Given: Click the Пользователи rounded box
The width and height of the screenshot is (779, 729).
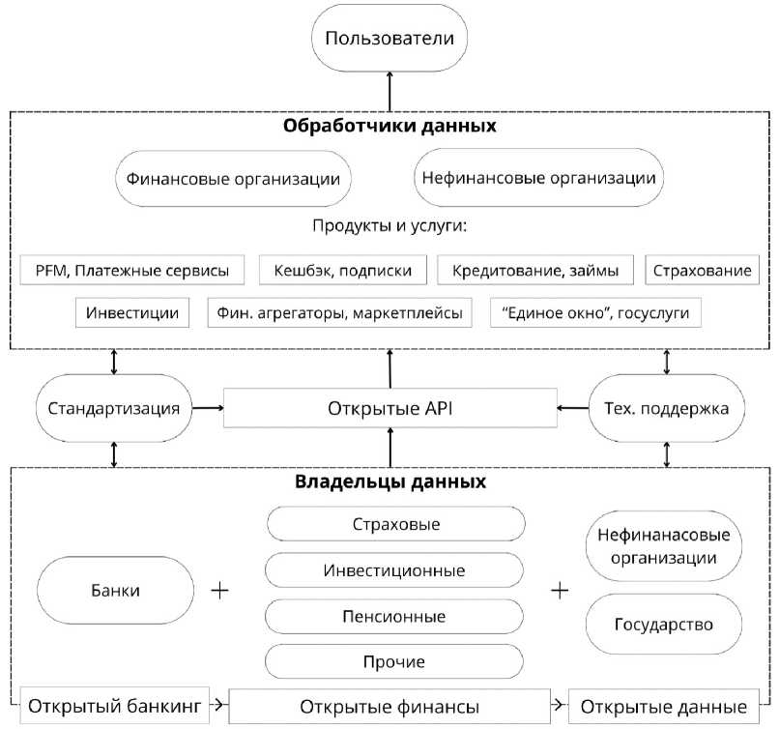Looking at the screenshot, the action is (389, 38).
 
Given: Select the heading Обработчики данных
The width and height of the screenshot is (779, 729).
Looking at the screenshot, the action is (389, 126).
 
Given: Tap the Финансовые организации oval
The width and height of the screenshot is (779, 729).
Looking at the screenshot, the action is (233, 179).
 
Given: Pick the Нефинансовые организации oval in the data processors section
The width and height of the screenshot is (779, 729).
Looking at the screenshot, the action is (538, 177).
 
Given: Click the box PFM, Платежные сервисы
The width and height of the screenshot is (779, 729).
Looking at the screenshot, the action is (132, 270).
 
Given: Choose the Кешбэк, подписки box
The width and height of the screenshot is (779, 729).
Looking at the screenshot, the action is (343, 270).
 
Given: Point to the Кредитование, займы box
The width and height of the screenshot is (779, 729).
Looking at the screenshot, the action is (535, 270).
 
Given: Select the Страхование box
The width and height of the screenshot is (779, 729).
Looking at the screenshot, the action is (702, 270).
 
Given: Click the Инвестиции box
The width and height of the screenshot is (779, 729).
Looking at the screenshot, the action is (132, 312).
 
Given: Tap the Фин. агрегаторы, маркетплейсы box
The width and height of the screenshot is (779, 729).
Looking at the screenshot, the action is (340, 312).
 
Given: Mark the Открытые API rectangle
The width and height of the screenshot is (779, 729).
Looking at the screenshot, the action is (390, 408).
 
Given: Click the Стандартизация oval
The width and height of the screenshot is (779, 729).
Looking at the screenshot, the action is (114, 408).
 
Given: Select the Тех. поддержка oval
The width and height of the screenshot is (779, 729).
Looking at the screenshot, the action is (667, 408).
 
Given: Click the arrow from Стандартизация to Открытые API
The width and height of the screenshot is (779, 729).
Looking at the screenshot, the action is (208, 408).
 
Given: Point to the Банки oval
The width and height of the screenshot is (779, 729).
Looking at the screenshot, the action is (115, 591).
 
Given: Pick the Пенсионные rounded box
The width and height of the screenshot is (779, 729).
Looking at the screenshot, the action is (394, 616).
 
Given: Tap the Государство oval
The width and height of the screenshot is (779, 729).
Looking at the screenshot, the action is (664, 625).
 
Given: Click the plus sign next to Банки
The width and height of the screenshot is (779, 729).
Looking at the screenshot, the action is (219, 591).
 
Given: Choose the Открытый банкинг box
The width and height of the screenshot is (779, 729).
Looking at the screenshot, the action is (115, 706).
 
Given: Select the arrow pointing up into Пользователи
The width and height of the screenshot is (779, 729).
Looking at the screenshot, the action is (389, 92).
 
